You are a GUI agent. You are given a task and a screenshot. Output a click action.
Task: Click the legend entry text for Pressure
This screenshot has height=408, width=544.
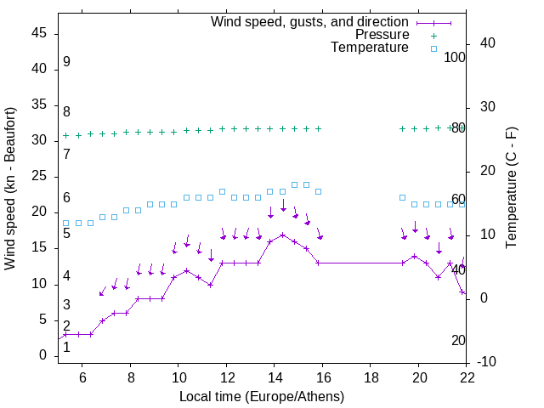pyautogui.click(x=382, y=35)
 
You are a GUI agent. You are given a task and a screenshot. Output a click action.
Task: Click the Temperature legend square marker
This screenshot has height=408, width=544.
pyautogui.click(x=433, y=48)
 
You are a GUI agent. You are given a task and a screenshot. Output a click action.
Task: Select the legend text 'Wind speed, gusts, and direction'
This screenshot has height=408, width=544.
pyautogui.click(x=310, y=21)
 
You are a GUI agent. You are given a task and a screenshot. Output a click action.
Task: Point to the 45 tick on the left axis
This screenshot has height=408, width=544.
pyautogui.click(x=40, y=32)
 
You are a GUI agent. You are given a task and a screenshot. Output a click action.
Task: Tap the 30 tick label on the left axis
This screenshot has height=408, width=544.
pyautogui.click(x=40, y=140)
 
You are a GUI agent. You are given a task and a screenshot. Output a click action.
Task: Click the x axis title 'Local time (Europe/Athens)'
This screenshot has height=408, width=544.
pyautogui.click(x=262, y=396)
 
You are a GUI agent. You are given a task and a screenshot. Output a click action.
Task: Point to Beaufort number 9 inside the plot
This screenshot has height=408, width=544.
pyautogui.click(x=66, y=62)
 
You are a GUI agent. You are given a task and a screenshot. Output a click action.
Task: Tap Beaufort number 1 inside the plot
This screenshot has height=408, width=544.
pyautogui.click(x=66, y=346)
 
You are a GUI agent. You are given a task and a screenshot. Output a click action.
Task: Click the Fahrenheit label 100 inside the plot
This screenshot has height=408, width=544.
pyautogui.click(x=456, y=57)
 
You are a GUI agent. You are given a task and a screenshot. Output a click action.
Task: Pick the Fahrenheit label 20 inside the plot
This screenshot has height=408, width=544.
pyautogui.click(x=458, y=340)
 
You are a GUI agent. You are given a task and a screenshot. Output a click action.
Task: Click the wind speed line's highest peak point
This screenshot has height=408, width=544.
pyautogui.click(x=282, y=235)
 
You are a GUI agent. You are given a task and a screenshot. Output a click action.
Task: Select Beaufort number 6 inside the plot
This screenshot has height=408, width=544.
pyautogui.click(x=66, y=198)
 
